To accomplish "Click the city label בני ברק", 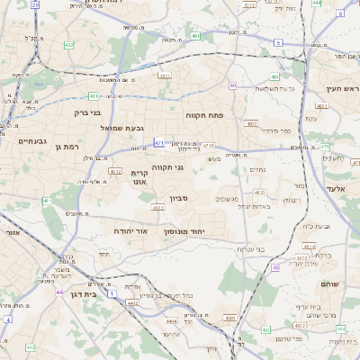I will pyautogui.click(x=87, y=114).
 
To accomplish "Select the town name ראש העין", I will pyautogui.click(x=340, y=89).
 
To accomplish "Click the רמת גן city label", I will pyautogui.click(x=67, y=146).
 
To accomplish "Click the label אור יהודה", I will pyautogui.click(x=130, y=231).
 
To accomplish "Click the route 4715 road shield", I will pyautogui.click(x=208, y=145).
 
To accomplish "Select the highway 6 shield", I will pyautogui.click(x=278, y=43).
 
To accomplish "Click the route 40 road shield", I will pyautogui.click(x=231, y=86).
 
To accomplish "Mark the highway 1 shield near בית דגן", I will pyautogui.click(x=112, y=293).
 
